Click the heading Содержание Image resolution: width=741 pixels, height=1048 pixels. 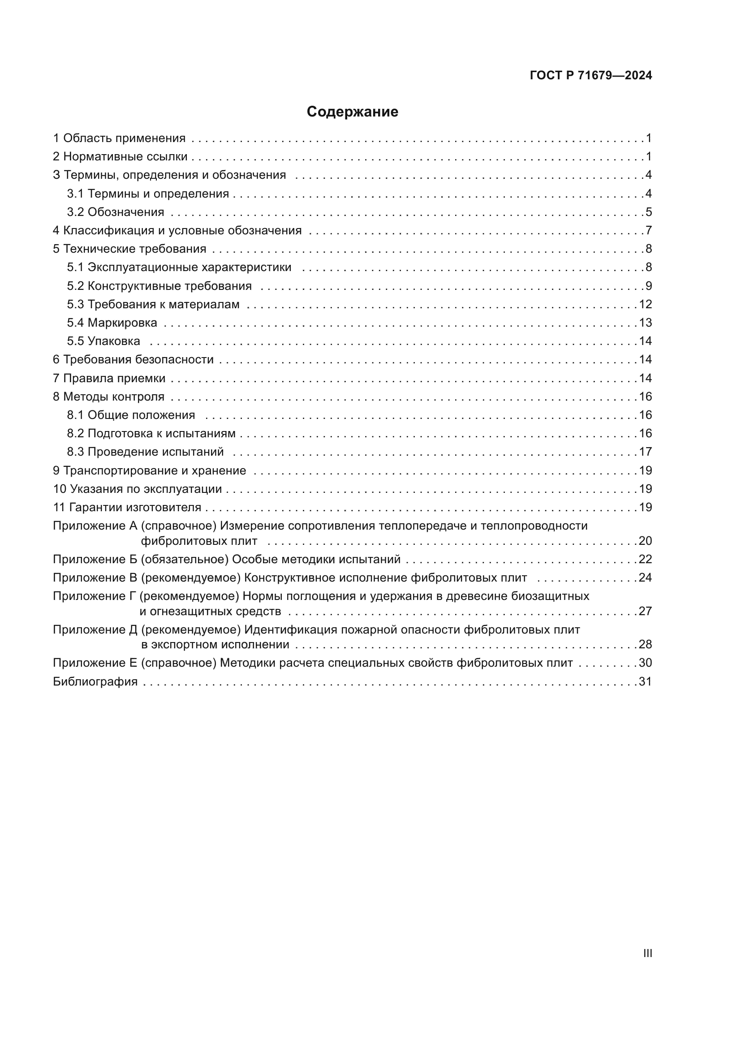(352, 112)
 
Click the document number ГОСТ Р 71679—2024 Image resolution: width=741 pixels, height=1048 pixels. (591, 76)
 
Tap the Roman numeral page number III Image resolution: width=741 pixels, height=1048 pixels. (647, 953)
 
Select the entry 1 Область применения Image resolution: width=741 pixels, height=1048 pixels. (119, 138)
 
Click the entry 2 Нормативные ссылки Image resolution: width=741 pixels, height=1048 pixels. (120, 156)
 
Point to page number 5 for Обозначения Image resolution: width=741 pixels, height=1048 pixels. (648, 212)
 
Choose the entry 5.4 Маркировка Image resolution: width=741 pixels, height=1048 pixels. (112, 323)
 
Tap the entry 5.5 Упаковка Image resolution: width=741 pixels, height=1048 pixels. (103, 341)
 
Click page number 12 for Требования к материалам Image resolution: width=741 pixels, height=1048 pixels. (645, 304)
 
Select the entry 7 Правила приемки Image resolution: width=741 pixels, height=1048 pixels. (109, 379)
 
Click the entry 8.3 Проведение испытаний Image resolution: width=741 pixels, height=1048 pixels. (145, 452)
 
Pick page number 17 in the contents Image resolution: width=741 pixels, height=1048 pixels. (645, 452)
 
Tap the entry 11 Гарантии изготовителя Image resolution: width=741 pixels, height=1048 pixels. (127, 508)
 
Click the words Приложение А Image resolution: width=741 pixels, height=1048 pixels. (95, 526)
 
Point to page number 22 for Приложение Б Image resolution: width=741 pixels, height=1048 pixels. (645, 559)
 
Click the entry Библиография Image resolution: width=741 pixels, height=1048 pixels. (95, 682)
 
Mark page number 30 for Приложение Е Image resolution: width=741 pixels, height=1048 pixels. (645, 663)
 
